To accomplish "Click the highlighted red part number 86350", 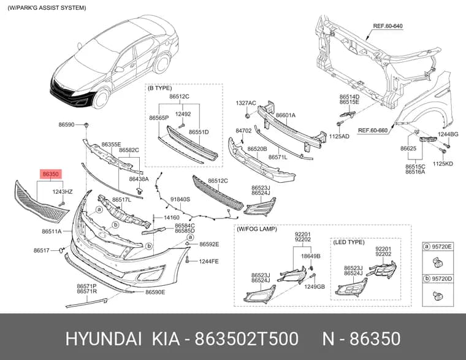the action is [50, 174].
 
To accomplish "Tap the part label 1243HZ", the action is [63, 192].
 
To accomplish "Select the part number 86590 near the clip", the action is [66, 125].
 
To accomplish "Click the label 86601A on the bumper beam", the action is [286, 115].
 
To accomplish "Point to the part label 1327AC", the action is [246, 103].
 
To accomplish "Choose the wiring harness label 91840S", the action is [180, 199].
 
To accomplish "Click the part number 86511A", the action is [52, 231].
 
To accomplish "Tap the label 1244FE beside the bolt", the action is [208, 262].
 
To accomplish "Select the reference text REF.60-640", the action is [388, 26].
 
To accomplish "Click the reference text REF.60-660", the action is [373, 130].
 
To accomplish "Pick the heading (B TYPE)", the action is [159, 88].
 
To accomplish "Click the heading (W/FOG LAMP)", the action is [257, 229].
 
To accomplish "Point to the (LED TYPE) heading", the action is [349, 242].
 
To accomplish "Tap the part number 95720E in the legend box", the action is [441, 247].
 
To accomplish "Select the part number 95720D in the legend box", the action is [441, 279].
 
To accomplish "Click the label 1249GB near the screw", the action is [315, 287].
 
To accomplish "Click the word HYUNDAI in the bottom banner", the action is [104, 339].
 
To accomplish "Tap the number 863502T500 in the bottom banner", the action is [246, 339].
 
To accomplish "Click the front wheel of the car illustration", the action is [101, 99].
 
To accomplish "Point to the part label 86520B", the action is [257, 149].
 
